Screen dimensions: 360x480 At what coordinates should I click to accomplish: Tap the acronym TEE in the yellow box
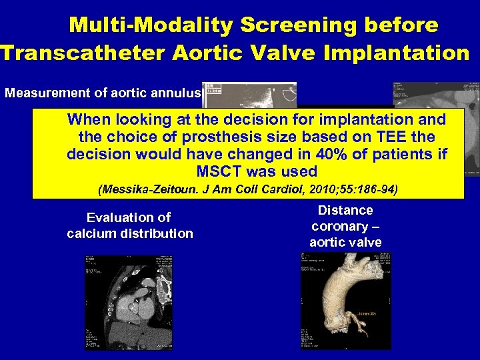pyautogui.click(x=403, y=137)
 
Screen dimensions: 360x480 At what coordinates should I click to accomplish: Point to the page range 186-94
pyautogui.click(x=371, y=189)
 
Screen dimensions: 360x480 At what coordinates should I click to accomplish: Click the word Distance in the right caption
pyautogui.click(x=345, y=211)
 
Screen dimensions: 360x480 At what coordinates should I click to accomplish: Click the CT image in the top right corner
pyautogui.click(x=436, y=93)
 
